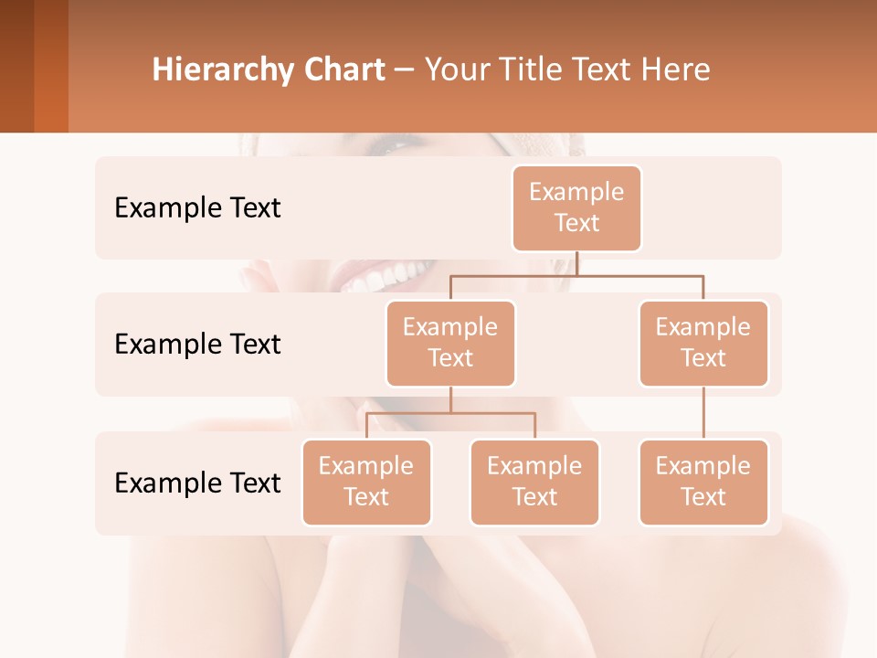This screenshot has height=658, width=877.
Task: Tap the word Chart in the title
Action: tap(343, 70)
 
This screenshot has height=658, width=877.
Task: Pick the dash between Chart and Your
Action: tap(405, 71)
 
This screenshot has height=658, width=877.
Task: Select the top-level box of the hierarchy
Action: tap(576, 207)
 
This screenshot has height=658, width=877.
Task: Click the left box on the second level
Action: tap(450, 343)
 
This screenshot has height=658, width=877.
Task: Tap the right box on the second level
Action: tap(703, 343)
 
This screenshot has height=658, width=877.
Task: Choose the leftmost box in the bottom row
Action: tap(366, 482)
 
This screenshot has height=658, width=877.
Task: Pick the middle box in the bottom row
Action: tap(534, 482)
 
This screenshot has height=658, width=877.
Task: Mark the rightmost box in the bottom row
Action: tap(703, 482)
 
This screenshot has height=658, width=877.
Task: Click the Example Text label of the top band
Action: tap(197, 208)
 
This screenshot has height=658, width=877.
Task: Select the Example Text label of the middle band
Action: tap(197, 345)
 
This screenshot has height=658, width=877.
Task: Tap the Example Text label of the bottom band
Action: tap(197, 483)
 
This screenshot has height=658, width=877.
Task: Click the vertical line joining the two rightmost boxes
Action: tap(703, 413)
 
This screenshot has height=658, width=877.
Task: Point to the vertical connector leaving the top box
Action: tap(576, 262)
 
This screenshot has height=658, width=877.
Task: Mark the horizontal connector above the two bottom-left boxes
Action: tap(450, 413)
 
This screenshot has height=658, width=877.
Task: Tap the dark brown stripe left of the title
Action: tap(16, 66)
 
